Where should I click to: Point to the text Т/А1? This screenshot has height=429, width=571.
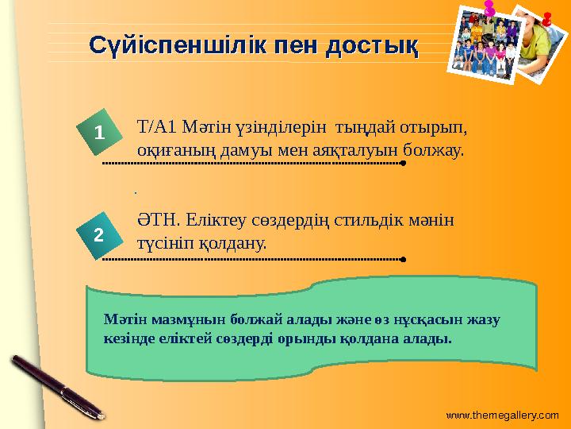[x=158, y=127]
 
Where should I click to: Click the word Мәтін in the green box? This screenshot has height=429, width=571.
[x=122, y=319]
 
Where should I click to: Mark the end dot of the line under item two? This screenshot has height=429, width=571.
[x=403, y=259]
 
